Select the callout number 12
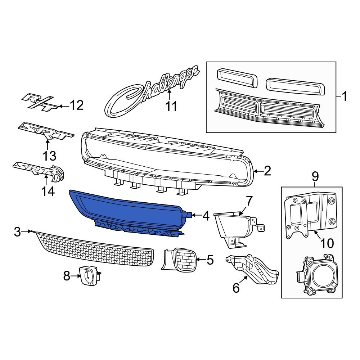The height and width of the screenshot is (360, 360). (x=76, y=105)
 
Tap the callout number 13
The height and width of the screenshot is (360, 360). (x=49, y=156)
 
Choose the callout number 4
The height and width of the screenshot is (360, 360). (x=206, y=216)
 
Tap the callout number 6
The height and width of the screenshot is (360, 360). (x=236, y=288)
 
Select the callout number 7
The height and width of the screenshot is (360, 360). (x=249, y=200)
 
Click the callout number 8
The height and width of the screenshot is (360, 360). (x=66, y=276)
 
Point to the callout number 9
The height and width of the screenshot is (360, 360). (x=315, y=176)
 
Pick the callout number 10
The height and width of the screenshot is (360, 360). (x=327, y=243)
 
